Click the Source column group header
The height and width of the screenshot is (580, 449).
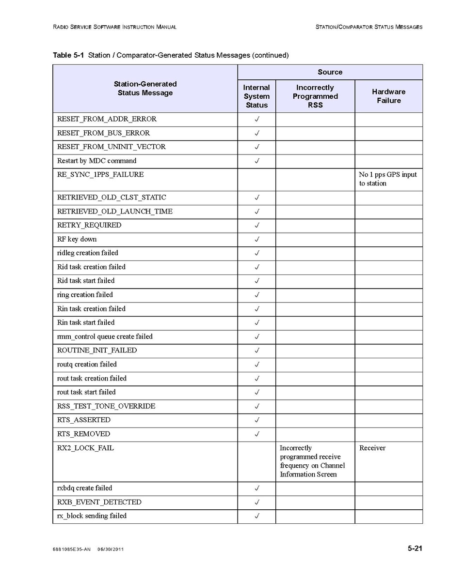(x=330, y=72)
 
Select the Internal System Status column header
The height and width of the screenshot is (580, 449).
(x=257, y=96)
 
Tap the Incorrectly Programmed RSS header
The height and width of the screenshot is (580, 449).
(x=315, y=96)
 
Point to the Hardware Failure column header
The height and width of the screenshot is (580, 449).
(x=388, y=96)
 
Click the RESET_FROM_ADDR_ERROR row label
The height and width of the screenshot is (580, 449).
(x=107, y=119)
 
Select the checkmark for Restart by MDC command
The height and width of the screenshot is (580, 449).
(x=257, y=161)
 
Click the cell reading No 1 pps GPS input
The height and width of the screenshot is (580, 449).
(x=387, y=179)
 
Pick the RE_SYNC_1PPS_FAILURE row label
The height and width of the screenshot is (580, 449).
(x=100, y=175)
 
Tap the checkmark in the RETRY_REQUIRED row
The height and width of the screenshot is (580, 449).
(x=257, y=226)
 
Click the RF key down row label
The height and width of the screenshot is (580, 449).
(x=77, y=239)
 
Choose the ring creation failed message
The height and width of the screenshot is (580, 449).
(x=85, y=295)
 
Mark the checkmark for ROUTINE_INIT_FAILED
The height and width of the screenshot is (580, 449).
(x=257, y=351)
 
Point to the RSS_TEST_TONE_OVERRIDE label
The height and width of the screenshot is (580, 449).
(x=106, y=406)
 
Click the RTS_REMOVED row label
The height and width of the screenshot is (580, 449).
(x=83, y=434)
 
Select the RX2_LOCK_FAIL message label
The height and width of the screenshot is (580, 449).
(x=85, y=448)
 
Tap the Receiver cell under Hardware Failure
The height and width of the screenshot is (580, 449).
(x=372, y=448)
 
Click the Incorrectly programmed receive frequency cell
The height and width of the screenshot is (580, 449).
(x=312, y=461)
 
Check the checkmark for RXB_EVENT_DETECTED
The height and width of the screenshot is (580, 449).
(x=257, y=503)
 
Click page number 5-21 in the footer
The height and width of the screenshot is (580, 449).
(x=415, y=549)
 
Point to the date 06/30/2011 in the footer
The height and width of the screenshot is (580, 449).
(x=111, y=549)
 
